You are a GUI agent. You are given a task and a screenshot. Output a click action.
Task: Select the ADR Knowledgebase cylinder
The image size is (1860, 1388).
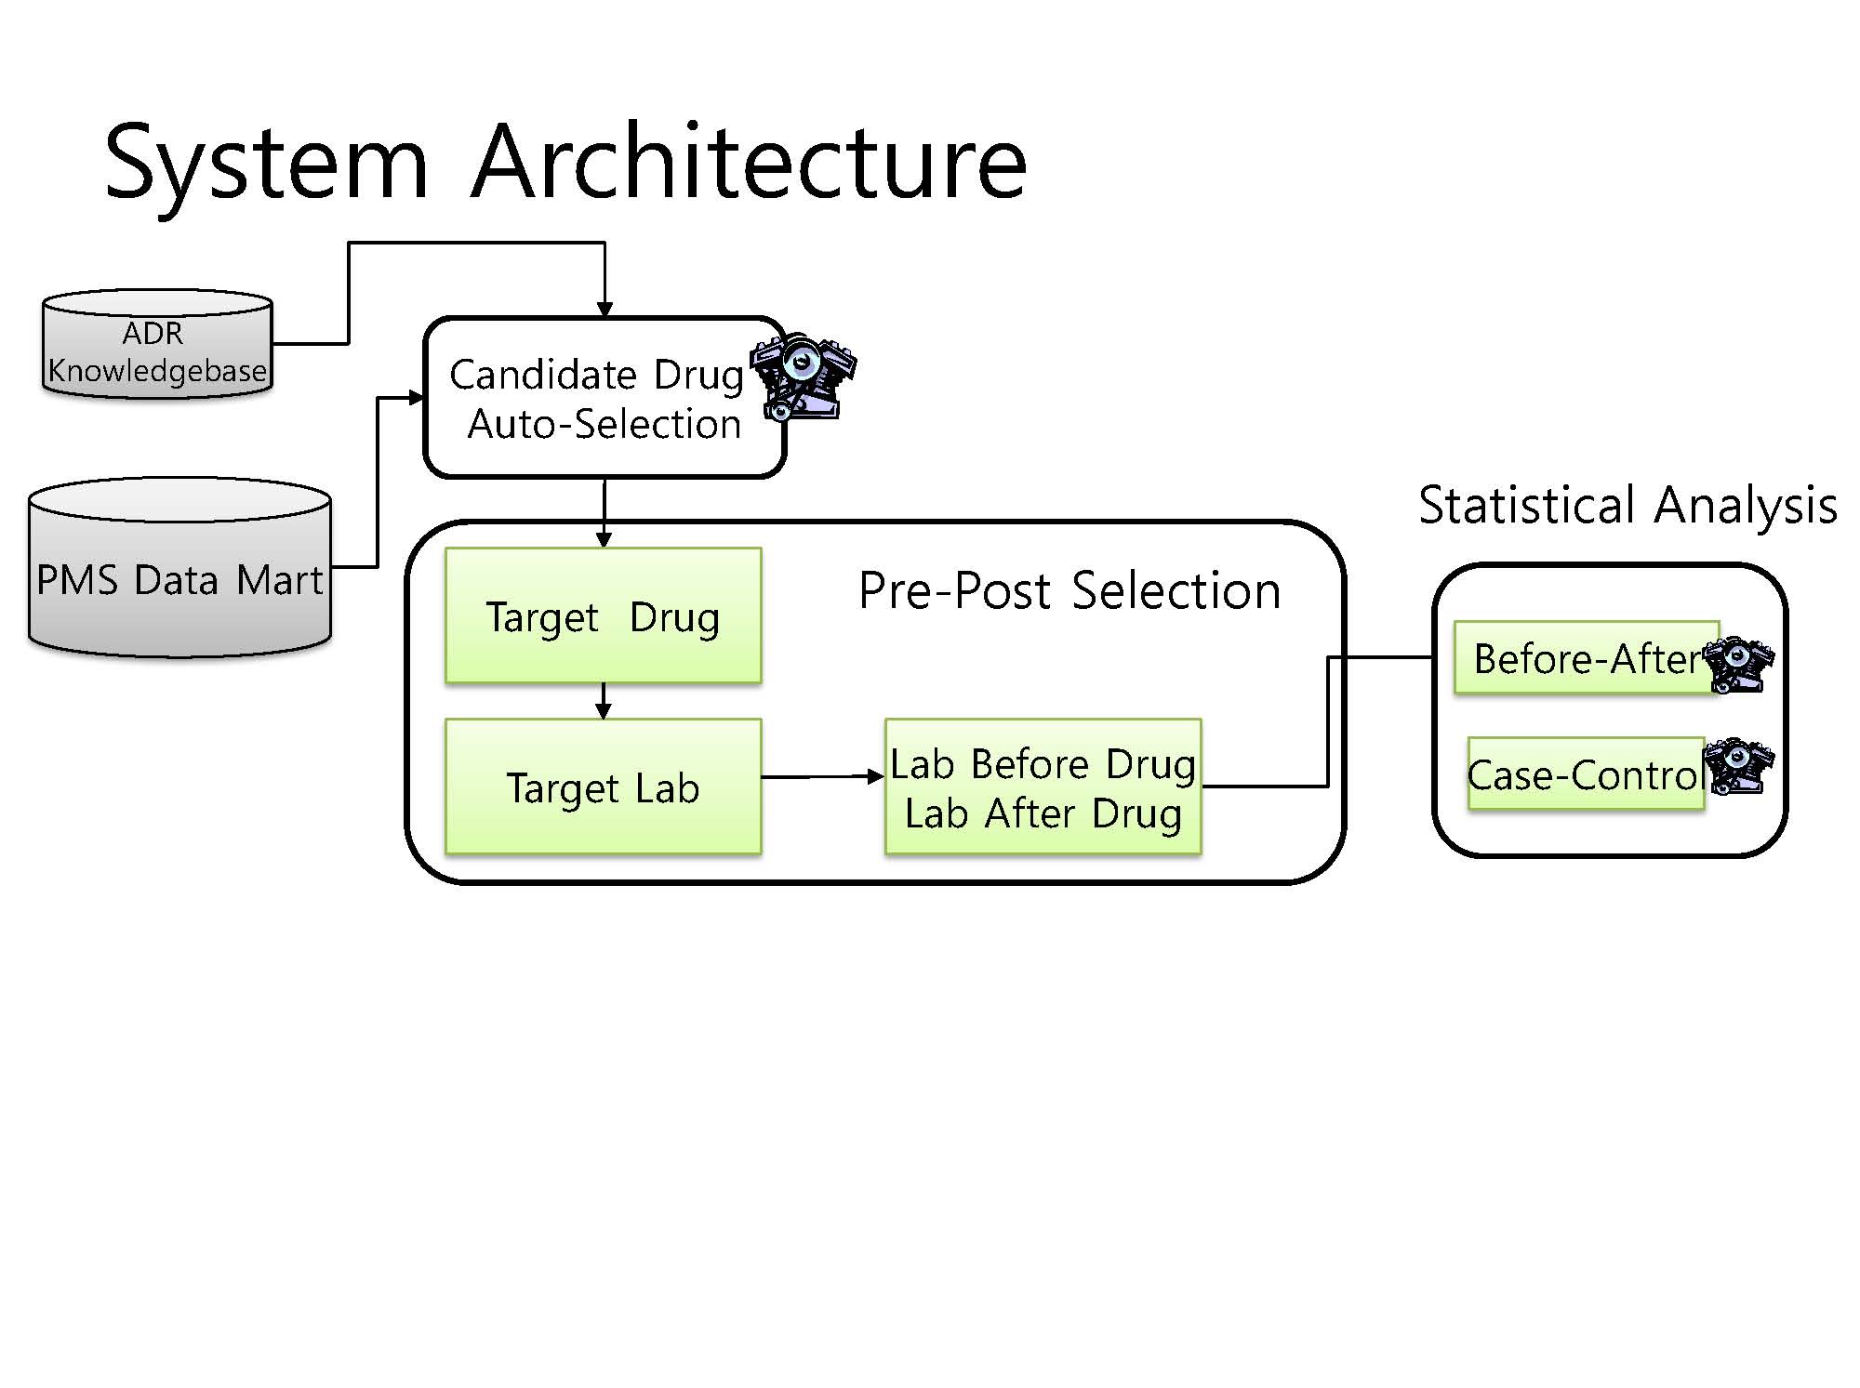[x=157, y=344]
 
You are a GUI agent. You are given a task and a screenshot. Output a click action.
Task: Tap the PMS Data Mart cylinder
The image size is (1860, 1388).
[x=179, y=567]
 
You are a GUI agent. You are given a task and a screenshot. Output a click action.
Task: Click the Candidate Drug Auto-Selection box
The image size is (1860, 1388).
[x=604, y=398]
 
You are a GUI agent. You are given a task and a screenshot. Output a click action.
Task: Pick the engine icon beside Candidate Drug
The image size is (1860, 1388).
[x=803, y=375]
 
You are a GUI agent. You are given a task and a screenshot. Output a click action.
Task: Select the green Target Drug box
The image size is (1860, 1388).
[x=603, y=615]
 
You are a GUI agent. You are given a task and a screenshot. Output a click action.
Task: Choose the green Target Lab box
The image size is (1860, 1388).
[x=603, y=787]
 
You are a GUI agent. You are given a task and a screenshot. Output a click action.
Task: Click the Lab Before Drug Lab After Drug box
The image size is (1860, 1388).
[x=1043, y=787]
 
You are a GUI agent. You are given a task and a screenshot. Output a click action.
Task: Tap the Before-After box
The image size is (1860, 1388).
[x=1587, y=657]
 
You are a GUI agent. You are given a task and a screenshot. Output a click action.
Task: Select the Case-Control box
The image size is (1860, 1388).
[x=1587, y=773]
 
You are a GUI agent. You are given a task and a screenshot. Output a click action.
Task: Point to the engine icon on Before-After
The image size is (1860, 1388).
[x=1738, y=666]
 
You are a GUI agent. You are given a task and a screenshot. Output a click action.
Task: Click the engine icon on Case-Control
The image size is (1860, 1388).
[x=1738, y=766]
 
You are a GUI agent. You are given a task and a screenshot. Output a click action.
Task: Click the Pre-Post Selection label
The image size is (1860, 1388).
[x=1069, y=590]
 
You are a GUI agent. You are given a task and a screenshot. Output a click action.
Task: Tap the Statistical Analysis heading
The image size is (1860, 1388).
[x=1627, y=506]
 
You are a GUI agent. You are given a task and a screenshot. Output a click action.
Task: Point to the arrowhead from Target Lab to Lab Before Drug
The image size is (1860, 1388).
[x=876, y=776]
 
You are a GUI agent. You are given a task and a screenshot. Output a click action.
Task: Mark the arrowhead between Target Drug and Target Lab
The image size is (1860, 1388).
[x=603, y=710]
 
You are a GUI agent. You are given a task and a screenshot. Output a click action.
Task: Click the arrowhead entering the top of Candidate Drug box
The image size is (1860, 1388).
[x=604, y=310]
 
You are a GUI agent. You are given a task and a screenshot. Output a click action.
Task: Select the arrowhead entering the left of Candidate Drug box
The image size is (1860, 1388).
[x=416, y=398]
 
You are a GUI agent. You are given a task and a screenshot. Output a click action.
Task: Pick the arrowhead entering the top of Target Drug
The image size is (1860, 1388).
[x=604, y=539]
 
